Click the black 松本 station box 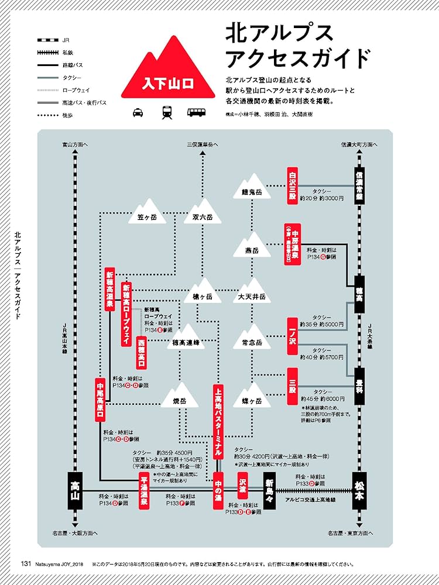[x=360, y=487]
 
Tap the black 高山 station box [x=74, y=487]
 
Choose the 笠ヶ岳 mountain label [x=148, y=217]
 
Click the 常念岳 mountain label [x=252, y=342]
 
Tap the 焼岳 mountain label [x=179, y=401]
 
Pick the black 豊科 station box [x=360, y=382]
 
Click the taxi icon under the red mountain [x=138, y=112]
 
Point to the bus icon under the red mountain [x=196, y=112]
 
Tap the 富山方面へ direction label [x=74, y=144]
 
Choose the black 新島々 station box [x=269, y=493]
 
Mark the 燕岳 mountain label [x=252, y=251]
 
